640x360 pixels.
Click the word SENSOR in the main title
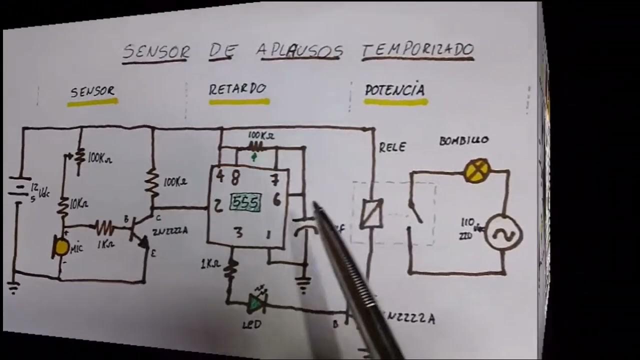coord(156,51)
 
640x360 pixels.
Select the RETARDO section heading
coord(237,89)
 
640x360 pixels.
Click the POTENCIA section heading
coord(395,90)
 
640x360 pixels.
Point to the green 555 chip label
coord(245,202)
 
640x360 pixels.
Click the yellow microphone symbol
coord(61,247)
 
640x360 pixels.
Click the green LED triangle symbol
coord(256,302)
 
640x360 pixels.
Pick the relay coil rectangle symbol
coord(371,214)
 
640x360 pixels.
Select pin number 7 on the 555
coord(274,178)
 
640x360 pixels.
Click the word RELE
coord(392,147)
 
